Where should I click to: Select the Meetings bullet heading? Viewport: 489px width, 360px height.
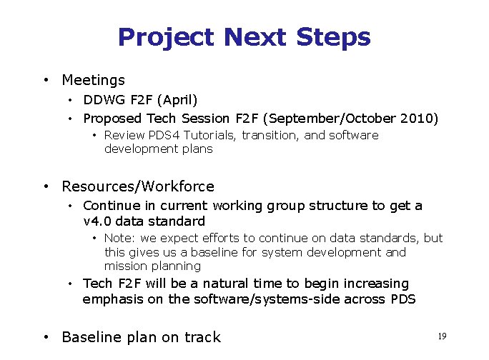click(93, 81)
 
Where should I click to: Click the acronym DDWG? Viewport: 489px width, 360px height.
click(99, 99)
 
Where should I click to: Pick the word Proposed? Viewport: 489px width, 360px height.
click(112, 118)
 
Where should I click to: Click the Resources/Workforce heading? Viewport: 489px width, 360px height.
click(138, 186)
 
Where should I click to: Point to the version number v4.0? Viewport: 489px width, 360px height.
click(97, 221)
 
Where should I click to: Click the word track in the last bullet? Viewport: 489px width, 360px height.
click(203, 337)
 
